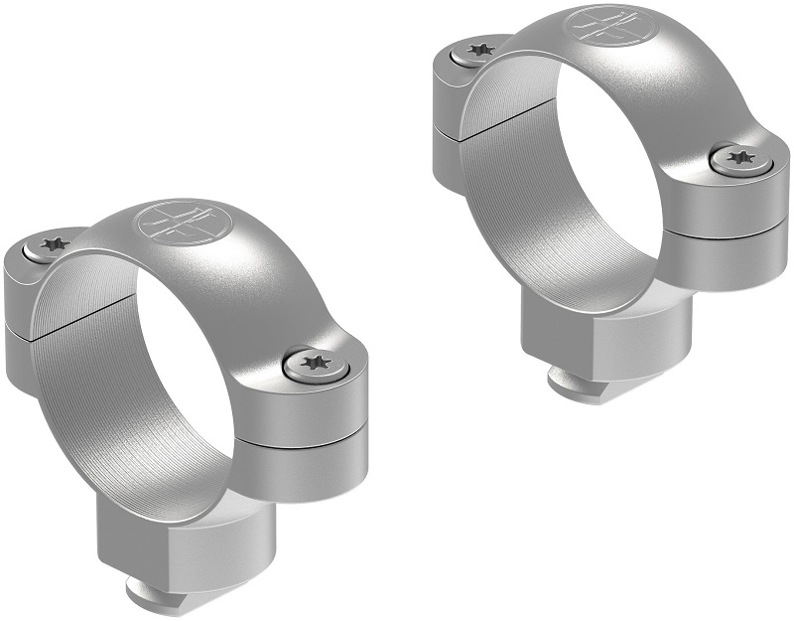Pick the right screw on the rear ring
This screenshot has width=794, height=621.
(739, 159)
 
